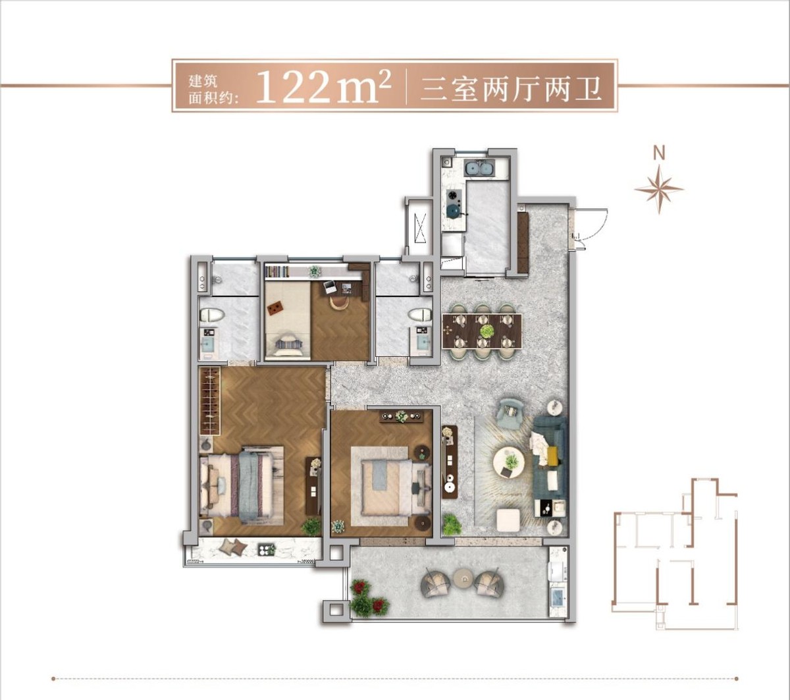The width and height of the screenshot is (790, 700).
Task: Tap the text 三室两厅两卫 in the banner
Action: coord(511,87)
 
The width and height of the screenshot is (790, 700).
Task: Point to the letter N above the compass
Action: coord(659,153)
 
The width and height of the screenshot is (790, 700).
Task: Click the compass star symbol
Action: coord(659,190)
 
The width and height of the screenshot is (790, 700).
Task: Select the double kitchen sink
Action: coord(479,169)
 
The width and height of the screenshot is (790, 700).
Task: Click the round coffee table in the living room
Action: coord(509,461)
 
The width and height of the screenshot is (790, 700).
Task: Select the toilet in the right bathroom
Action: coord(420,315)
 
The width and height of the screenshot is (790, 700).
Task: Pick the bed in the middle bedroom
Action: coord(388,485)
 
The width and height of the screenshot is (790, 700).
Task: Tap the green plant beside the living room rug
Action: coord(452,525)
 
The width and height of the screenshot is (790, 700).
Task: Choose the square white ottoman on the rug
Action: coord(509,520)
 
